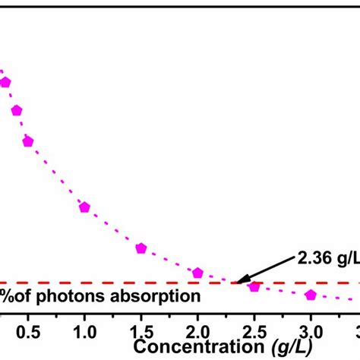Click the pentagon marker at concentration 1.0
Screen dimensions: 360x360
tap(84, 207)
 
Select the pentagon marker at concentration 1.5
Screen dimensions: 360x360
tap(141, 248)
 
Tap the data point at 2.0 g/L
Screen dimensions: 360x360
tap(197, 273)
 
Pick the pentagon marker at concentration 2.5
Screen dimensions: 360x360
tap(254, 286)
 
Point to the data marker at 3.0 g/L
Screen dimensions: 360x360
tap(311, 295)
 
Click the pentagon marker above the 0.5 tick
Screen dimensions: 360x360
tap(28, 141)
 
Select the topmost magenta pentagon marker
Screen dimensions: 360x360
tap(5, 82)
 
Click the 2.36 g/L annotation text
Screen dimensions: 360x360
tap(323, 259)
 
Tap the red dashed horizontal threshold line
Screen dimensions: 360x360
tap(114, 283)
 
